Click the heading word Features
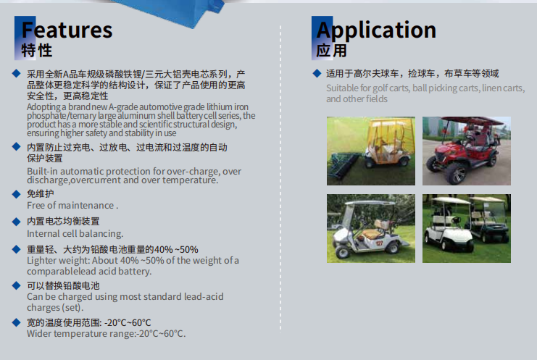[x=67, y=30]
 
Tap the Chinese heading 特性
[x=37, y=51]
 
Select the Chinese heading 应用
[x=331, y=51]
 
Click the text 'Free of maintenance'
[x=70, y=205]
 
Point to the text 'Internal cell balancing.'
[x=75, y=234]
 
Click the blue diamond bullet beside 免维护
[x=16, y=194]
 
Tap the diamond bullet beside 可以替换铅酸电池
[x=16, y=285]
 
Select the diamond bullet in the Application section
[x=317, y=73]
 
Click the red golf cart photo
[x=467, y=151]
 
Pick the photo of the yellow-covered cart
[x=371, y=151]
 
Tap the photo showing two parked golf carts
[x=467, y=229]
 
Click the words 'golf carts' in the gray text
[x=391, y=88]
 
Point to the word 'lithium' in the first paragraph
[x=219, y=106]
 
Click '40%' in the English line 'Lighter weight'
[x=130, y=261]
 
